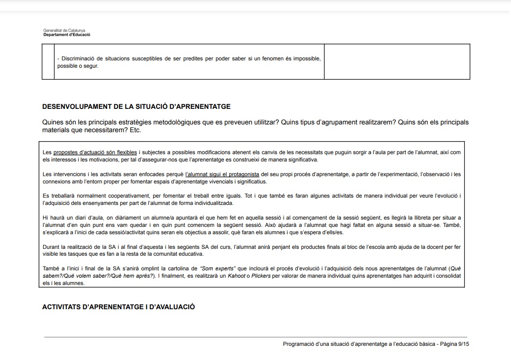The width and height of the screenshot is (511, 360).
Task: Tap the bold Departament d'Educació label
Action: pyautogui.click(x=67, y=35)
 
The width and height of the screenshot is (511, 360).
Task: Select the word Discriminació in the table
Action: pyautogui.click(x=78, y=59)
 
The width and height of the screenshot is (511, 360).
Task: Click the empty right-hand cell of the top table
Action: pyautogui.click(x=397, y=62)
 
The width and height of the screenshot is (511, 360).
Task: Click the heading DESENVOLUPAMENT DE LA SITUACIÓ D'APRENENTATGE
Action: pyautogui.click(x=136, y=107)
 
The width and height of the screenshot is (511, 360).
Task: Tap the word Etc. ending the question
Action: pyautogui.click(x=135, y=130)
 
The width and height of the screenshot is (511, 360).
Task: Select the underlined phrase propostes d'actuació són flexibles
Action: pyautogui.click(x=95, y=152)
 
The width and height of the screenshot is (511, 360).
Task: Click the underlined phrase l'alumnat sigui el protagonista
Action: pyautogui.click(x=222, y=174)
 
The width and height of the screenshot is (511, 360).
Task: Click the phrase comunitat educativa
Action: pyautogui.click(x=181, y=254)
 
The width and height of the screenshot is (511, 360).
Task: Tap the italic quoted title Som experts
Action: pyautogui.click(x=218, y=269)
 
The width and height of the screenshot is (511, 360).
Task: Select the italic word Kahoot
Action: pyautogui.click(x=236, y=276)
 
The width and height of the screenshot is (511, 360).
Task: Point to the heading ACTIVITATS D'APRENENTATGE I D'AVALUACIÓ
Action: pyautogui.click(x=118, y=307)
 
